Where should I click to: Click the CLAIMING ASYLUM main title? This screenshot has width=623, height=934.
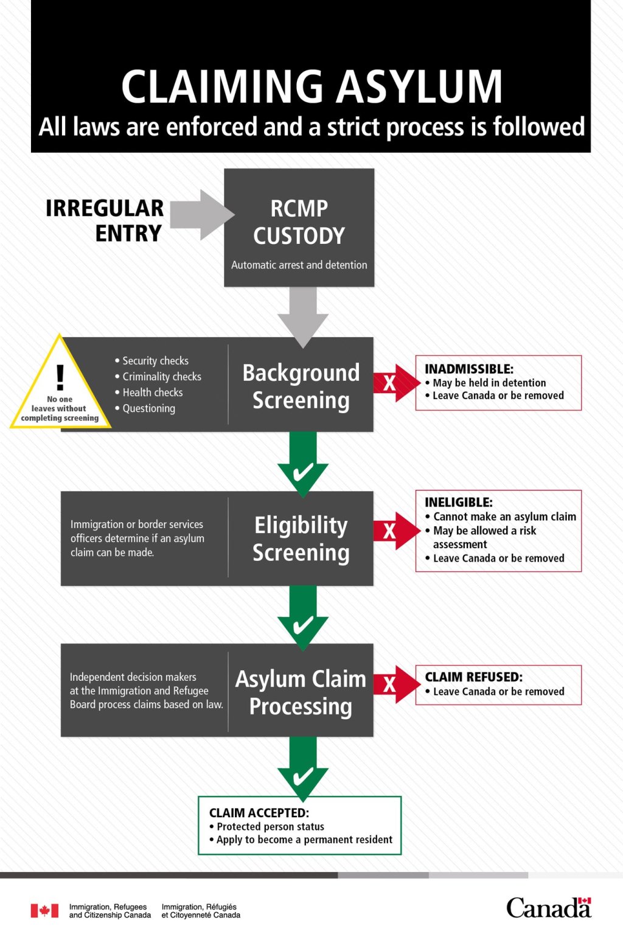point(311,86)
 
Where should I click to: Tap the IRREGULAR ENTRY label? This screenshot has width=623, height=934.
point(105,220)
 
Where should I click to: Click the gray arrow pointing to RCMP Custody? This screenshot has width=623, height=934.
point(201,214)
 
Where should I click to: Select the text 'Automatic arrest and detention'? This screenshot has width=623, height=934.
point(299,265)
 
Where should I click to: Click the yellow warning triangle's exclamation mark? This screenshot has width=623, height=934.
point(60,377)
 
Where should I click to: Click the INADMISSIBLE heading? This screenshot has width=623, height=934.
point(468,369)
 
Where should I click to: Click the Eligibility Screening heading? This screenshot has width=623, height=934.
point(301,538)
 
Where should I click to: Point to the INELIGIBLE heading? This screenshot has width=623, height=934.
point(458,502)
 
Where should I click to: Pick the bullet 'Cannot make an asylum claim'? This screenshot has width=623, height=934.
point(504,517)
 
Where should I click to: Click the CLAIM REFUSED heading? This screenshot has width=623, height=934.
point(473,677)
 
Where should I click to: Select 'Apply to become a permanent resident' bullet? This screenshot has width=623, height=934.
point(304,840)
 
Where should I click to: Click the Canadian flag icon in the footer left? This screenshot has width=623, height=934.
point(44,910)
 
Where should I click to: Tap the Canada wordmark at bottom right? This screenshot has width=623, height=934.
point(548,907)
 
